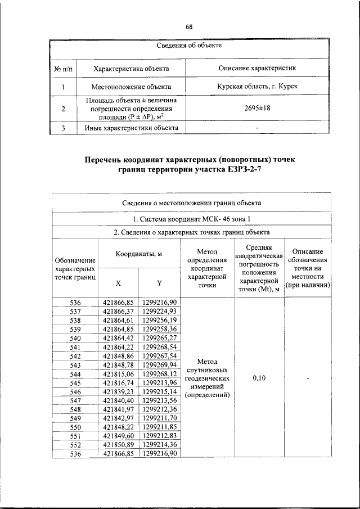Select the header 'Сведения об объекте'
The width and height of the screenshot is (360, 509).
pos(190,45)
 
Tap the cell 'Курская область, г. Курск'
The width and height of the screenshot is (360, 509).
pos(257,87)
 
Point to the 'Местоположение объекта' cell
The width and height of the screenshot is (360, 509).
pos(131,87)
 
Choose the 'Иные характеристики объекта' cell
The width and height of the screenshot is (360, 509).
pos(131,128)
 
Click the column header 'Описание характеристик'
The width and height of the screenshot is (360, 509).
pos(257,68)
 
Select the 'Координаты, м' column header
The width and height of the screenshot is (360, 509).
pos(138,254)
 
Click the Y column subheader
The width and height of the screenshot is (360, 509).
pos(159,283)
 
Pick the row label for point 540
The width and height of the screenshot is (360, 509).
pos(75,338)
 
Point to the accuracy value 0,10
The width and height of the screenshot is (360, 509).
pos(259,379)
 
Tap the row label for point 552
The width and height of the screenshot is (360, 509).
pos(75,444)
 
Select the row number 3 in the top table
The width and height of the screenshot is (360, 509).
pos(64,128)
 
